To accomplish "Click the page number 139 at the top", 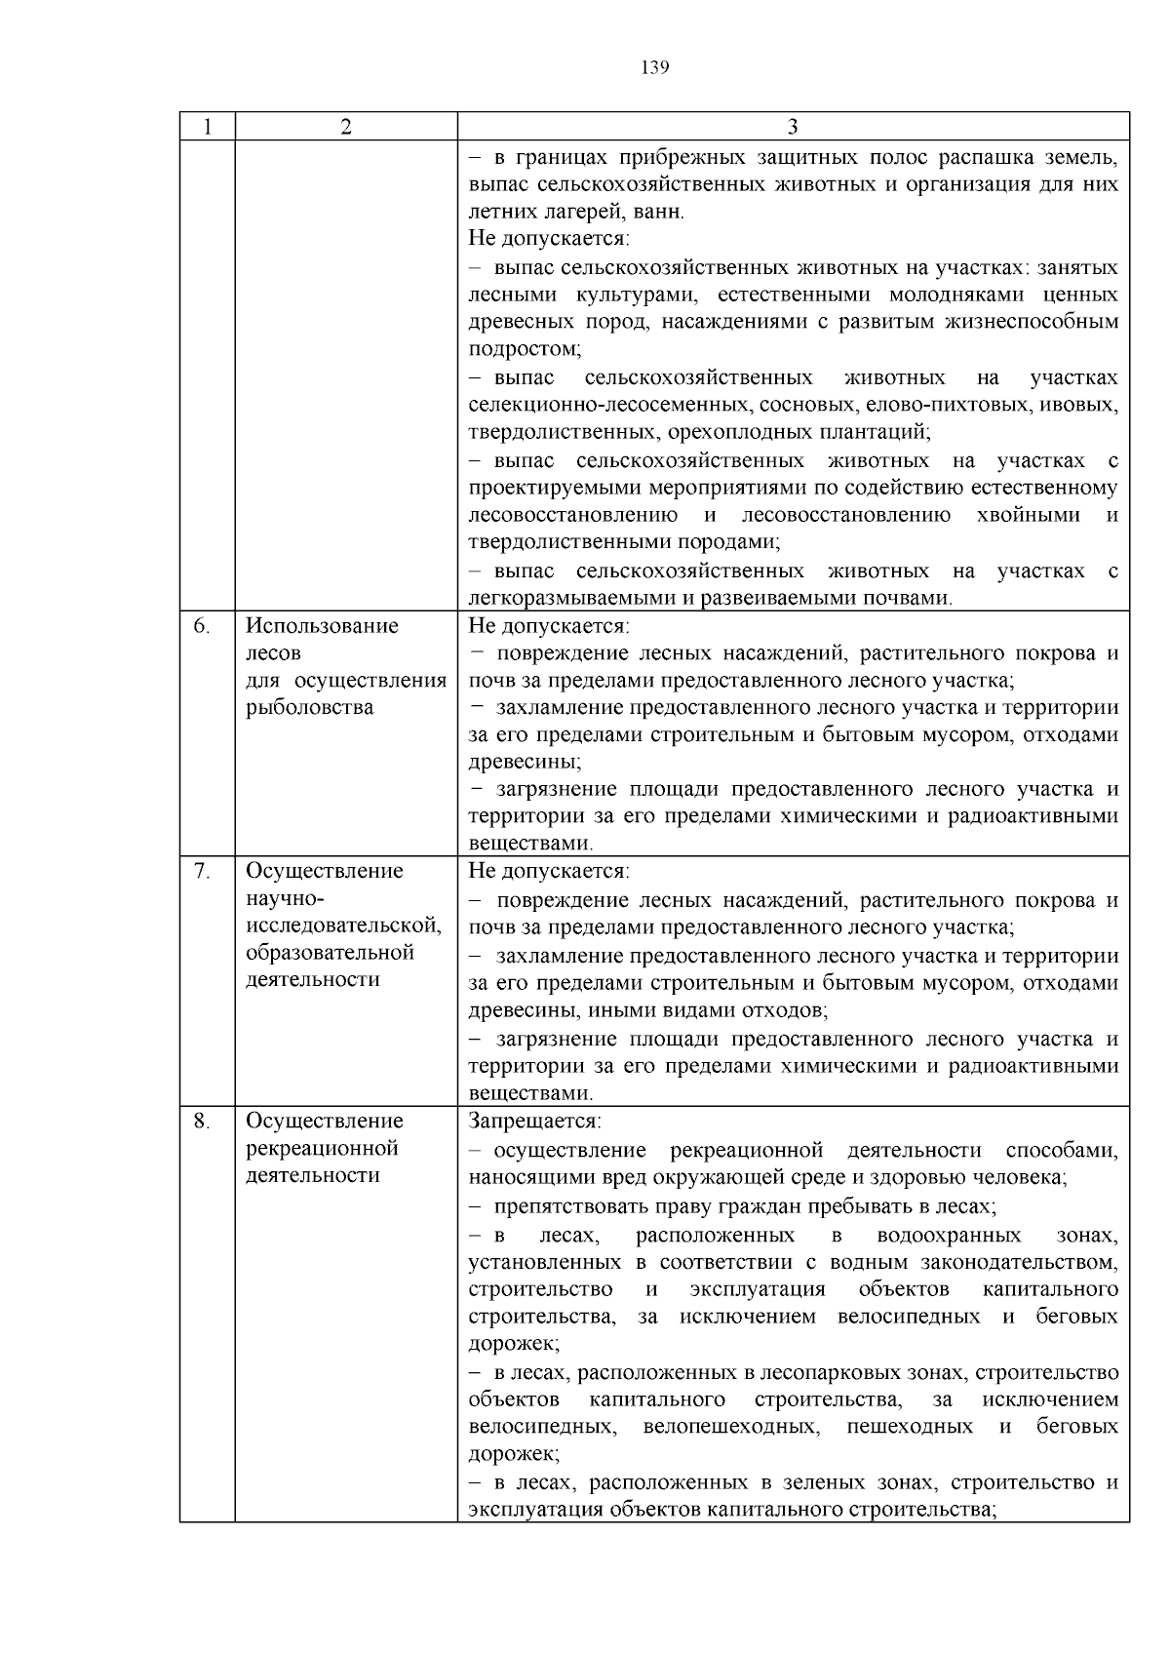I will click(655, 67).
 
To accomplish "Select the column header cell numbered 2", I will click(346, 127).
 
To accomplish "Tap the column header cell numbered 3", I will click(793, 127).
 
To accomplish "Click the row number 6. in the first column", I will click(201, 626).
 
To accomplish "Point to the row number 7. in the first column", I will click(201, 871).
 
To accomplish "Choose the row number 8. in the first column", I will click(201, 1121).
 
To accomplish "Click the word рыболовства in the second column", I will click(309, 707).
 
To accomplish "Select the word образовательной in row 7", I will click(330, 952).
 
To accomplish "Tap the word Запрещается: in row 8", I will click(535, 1121).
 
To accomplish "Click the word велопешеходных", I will click(730, 1427).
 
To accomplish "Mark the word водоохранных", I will click(949, 1236).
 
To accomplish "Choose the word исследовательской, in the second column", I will click(343, 925).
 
